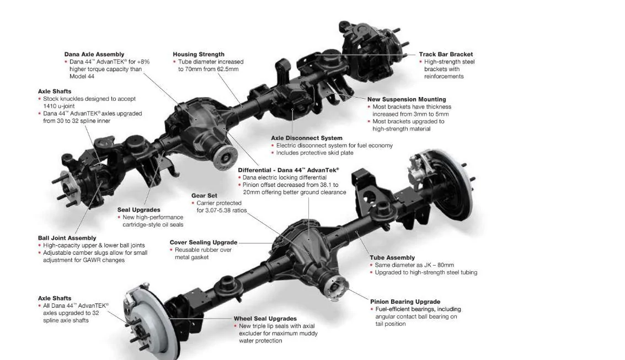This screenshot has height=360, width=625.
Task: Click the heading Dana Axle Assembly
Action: pos(94,55)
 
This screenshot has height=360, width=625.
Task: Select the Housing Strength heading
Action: pos(199,55)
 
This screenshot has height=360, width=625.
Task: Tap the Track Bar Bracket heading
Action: pos(446,55)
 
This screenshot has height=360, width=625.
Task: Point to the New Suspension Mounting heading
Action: pos(407,100)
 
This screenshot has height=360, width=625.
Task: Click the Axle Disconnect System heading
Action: pos(307,138)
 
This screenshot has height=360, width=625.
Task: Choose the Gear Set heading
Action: pos(204,196)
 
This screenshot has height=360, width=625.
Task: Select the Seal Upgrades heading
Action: pos(139,210)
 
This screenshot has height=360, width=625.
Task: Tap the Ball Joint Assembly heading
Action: pos(67,238)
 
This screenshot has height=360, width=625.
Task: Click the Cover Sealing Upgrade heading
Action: pos(204,243)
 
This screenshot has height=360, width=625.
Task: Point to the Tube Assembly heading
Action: pos(392,257)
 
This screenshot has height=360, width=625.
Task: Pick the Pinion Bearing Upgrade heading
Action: pos(405,302)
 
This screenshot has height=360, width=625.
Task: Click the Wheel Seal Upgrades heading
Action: pos(265,319)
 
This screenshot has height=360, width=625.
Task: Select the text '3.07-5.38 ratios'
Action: pos(222,211)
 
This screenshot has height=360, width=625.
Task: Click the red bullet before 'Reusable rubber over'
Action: pos(172,250)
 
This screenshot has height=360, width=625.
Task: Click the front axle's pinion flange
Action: pos(224,156)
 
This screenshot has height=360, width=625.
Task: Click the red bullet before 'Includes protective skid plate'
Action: pos(273,153)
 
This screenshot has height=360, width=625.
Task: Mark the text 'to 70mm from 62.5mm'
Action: pos(208,69)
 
